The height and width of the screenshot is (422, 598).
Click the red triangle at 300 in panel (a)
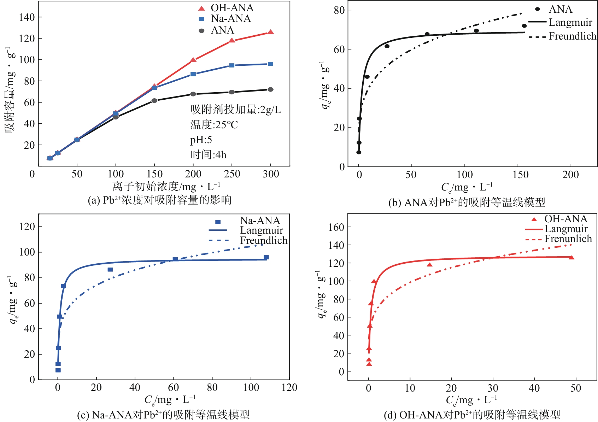(x=270, y=32)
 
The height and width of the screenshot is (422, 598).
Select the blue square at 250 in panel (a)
(x=232, y=65)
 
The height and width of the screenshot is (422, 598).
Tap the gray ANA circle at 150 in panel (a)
(x=154, y=101)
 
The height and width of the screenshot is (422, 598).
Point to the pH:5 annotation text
(x=201, y=140)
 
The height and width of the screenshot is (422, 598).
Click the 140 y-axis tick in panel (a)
(x=27, y=17)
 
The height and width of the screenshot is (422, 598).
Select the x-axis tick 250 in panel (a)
(x=232, y=174)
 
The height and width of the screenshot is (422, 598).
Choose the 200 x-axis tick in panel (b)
(x=570, y=175)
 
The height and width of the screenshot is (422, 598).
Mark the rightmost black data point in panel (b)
(x=524, y=26)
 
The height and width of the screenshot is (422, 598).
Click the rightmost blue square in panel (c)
(x=266, y=257)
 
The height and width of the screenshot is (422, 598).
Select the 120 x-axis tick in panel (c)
(x=289, y=387)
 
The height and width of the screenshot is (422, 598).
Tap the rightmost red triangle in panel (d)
(x=571, y=258)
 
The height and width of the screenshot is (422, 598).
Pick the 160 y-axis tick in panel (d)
(x=336, y=227)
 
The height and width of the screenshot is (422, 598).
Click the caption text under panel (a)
(x=159, y=200)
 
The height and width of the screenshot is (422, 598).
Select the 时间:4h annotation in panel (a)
(x=208, y=154)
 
